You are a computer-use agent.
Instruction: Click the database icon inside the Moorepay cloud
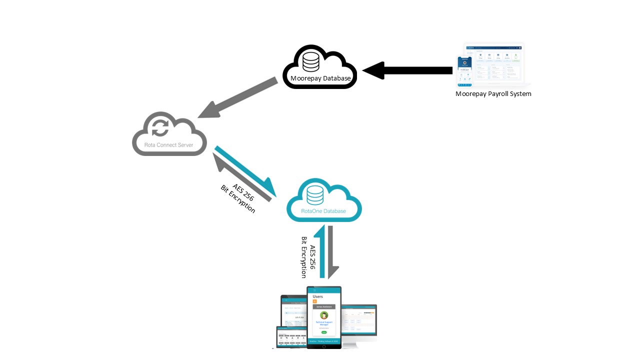[310, 61]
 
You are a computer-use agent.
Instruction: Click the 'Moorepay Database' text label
[320, 78]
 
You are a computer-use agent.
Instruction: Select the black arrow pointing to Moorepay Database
[407, 70]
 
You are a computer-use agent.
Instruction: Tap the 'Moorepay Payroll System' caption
[493, 93]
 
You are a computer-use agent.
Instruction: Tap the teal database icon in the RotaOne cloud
[315, 195]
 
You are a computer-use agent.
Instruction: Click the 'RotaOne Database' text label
[323, 211]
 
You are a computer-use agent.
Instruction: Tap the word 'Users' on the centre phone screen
[318, 296]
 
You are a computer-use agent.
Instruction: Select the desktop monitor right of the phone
[359, 322]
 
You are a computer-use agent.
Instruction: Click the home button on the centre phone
[324, 345]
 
